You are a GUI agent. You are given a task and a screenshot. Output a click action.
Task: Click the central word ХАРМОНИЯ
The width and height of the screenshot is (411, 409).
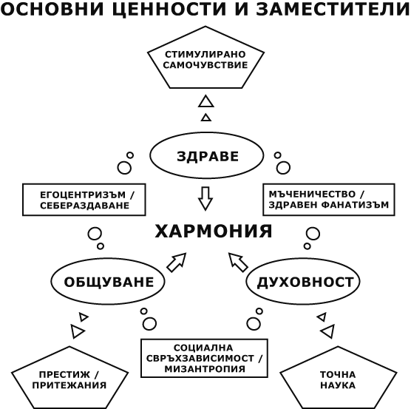point(214,231)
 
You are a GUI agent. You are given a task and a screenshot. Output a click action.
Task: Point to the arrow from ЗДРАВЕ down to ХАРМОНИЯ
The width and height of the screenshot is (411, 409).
point(205,198)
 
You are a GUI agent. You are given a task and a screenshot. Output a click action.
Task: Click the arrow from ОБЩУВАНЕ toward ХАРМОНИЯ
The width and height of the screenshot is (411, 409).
point(177,262)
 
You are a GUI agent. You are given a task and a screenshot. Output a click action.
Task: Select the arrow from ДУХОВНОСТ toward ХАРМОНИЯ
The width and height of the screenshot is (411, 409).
point(238,262)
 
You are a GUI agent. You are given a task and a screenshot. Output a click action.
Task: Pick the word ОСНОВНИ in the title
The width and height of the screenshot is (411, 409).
point(52,9)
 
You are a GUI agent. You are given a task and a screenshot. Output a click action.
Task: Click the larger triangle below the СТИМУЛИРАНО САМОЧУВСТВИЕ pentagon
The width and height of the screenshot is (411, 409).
point(206,102)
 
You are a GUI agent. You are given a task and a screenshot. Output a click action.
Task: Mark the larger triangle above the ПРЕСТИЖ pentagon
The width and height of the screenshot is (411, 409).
point(77,331)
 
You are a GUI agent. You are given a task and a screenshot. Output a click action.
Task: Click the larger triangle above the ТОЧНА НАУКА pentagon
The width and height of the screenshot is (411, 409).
point(328,331)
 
